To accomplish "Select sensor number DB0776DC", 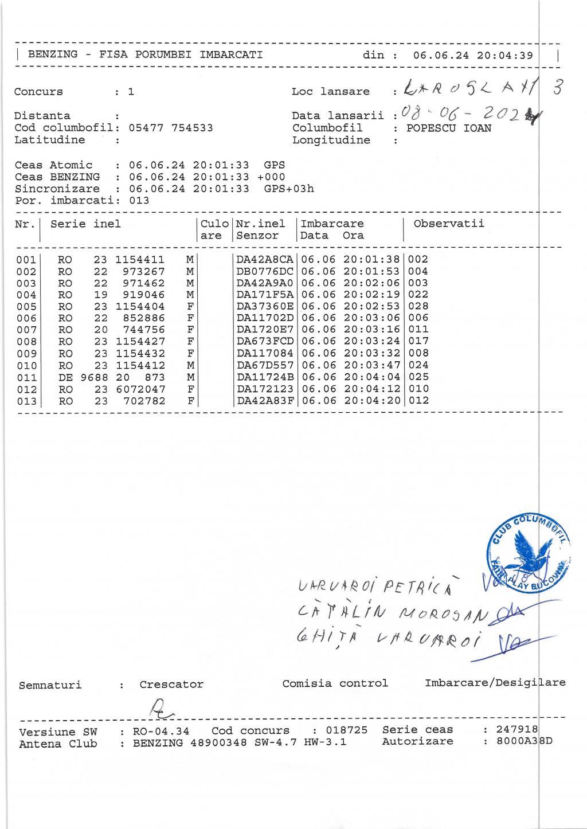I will click(x=265, y=271).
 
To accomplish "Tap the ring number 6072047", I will click(x=140, y=389).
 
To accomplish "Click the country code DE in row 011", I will click(x=65, y=377).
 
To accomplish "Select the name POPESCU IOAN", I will click(x=448, y=128).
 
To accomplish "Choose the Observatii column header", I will click(x=449, y=224).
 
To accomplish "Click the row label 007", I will click(x=26, y=330).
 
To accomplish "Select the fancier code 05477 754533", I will click(x=171, y=128).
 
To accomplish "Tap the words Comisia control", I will click(x=335, y=683).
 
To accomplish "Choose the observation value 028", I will click(x=418, y=306).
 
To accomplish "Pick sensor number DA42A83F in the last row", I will click(x=265, y=401).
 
